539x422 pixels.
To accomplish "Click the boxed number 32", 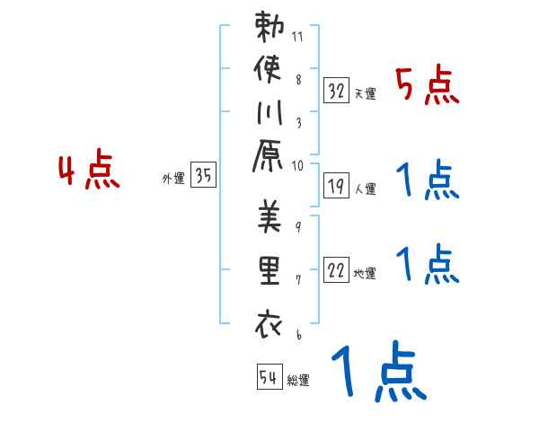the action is [337, 90].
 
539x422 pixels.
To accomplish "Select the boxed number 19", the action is [337, 186].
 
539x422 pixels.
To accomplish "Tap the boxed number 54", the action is [269, 377].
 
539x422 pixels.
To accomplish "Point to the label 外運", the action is [172, 179].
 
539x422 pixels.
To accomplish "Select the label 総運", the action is [297, 381].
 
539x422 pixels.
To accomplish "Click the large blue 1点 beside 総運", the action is [376, 373].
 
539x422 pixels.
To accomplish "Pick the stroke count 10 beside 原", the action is [298, 165].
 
